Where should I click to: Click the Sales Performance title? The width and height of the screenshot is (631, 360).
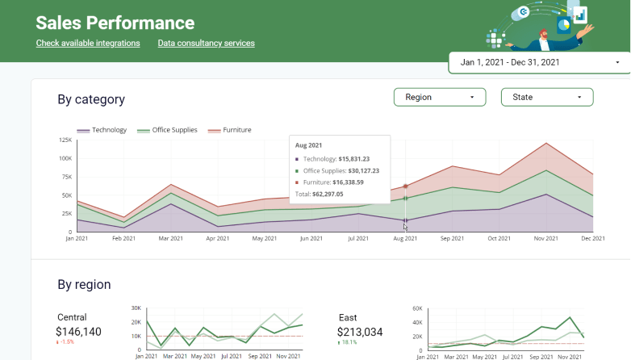[115, 23]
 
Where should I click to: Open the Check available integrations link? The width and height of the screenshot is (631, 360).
[88, 43]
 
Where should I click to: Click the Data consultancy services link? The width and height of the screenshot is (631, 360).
[206, 43]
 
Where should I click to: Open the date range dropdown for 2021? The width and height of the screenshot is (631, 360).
[540, 62]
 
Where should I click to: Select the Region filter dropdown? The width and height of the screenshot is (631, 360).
[440, 97]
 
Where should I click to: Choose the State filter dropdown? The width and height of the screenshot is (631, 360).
[547, 97]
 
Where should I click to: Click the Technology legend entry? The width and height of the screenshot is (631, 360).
[102, 130]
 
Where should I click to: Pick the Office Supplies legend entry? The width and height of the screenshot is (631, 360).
[167, 130]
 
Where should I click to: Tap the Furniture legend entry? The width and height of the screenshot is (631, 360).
[230, 130]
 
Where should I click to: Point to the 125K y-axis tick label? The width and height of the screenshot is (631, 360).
[65, 140]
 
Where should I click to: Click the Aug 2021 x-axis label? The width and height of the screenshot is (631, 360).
[405, 238]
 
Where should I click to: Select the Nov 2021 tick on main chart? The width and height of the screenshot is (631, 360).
[546, 238]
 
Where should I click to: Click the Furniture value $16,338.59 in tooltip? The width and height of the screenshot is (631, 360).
[348, 182]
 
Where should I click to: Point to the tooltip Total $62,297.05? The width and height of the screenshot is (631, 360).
[319, 194]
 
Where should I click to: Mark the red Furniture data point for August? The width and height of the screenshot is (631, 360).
[406, 186]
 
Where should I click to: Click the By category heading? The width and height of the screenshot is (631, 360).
[91, 99]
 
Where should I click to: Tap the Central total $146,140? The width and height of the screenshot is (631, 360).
[78, 332]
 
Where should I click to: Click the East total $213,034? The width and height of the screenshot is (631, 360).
[360, 333]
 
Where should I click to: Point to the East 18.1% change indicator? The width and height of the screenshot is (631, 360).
[347, 342]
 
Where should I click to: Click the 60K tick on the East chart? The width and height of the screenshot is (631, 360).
[417, 308]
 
